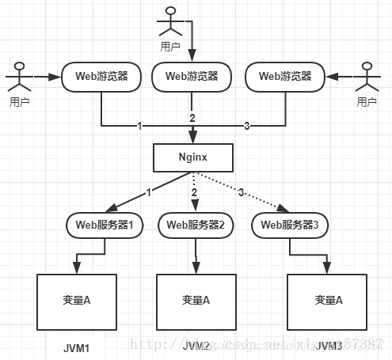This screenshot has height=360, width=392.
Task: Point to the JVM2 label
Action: point(196,347)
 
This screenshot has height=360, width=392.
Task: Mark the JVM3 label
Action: point(327,347)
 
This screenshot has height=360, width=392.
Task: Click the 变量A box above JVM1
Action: point(78,300)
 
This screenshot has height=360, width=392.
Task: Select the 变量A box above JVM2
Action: point(196,300)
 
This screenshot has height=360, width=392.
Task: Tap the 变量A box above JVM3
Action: point(327,300)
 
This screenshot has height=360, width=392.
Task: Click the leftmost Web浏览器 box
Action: point(101,77)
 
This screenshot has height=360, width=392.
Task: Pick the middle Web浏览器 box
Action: point(191,77)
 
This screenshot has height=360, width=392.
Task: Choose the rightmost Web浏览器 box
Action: point(284,77)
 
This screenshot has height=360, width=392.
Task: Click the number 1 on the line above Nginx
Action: point(139,126)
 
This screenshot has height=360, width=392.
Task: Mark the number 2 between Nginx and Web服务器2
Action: point(194,192)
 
